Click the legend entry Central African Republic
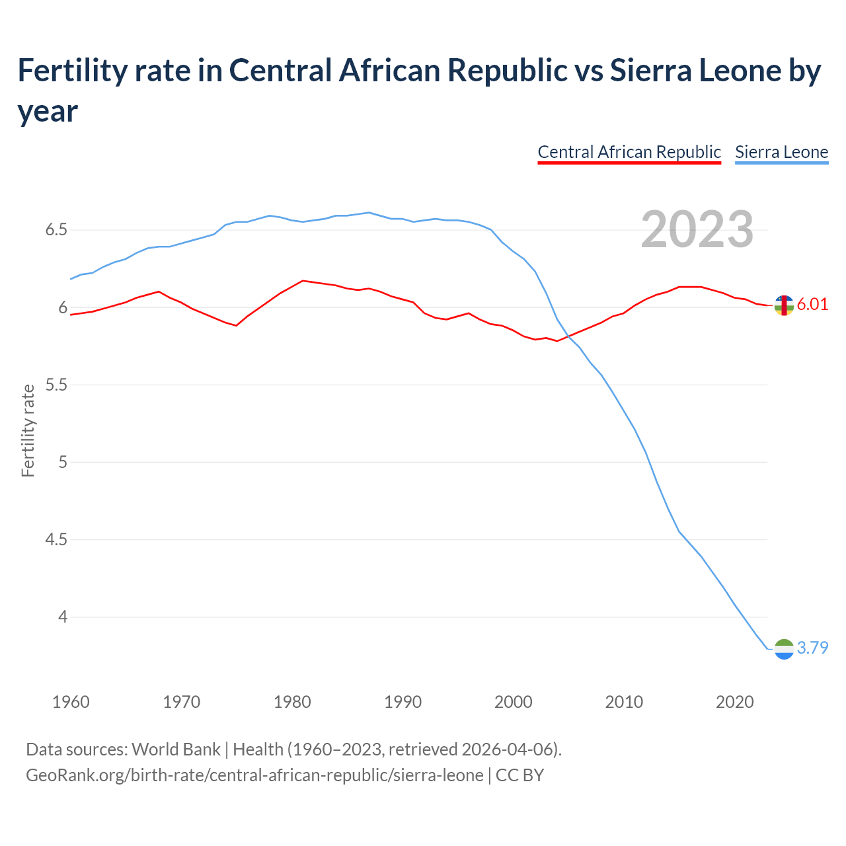[629, 152]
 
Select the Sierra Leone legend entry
[781, 152]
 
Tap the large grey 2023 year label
[697, 229]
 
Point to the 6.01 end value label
[812, 304]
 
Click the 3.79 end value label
[812, 648]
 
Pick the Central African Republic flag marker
[784, 305]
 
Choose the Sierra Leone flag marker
[784, 649]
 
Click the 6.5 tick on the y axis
[56, 230]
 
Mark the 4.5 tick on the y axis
[56, 539]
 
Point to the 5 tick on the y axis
[63, 462]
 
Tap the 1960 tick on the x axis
[71, 702]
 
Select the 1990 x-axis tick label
[403, 702]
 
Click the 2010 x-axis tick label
[624, 702]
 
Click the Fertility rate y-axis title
[28, 430]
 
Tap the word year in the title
[48, 111]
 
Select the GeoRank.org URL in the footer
[254, 775]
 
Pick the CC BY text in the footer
[519, 775]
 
